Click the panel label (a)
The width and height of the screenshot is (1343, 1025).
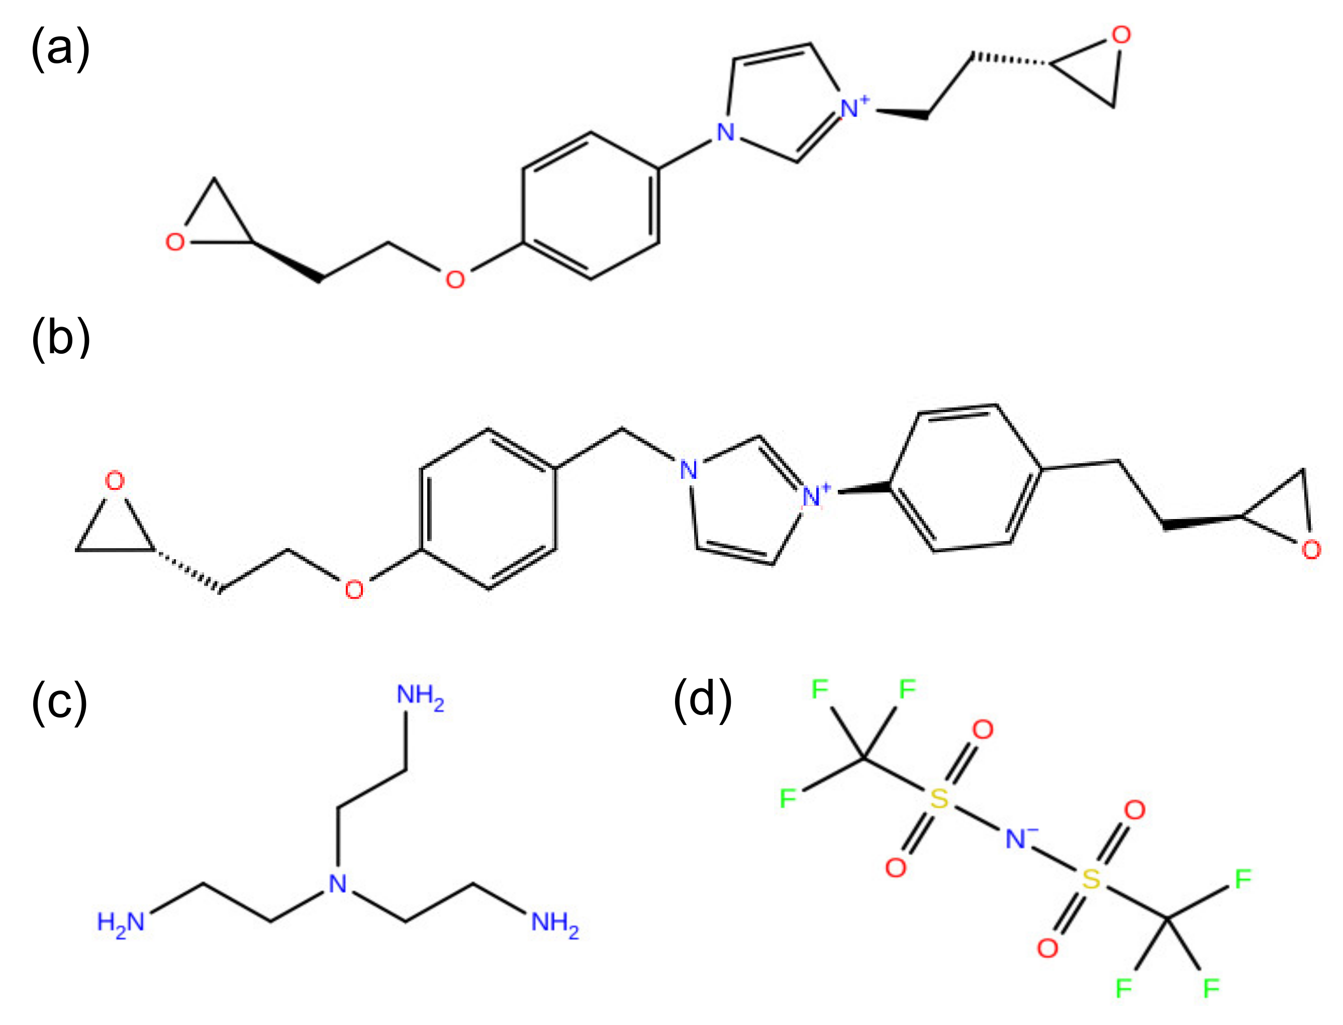point(60,48)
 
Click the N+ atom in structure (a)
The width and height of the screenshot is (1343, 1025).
point(852,108)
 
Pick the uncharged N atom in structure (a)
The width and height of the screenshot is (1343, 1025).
point(725,132)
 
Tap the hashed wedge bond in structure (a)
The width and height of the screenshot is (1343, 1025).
point(1010,60)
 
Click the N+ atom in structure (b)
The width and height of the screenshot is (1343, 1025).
point(814,495)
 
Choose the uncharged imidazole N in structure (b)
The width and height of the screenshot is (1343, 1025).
point(688,470)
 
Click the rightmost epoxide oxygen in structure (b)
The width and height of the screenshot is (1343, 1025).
point(1311,550)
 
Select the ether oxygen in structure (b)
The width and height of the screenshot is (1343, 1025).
point(354,589)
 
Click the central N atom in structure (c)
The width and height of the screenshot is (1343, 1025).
point(337,883)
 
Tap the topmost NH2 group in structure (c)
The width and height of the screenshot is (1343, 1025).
point(420,695)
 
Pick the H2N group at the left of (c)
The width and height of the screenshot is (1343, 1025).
point(121,922)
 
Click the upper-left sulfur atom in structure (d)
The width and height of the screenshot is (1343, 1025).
point(939,798)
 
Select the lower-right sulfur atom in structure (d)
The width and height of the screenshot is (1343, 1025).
point(1091,879)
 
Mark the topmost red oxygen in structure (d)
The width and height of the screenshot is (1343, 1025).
point(983,729)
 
